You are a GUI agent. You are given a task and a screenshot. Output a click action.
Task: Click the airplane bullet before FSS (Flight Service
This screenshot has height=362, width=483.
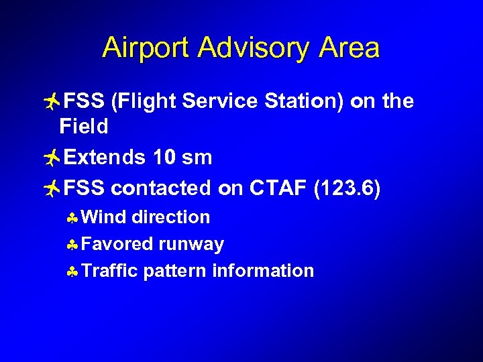point(50,101)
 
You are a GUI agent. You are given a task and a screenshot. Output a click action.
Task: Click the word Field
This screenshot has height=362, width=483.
point(84,125)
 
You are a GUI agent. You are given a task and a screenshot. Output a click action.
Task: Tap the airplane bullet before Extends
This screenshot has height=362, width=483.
point(50,158)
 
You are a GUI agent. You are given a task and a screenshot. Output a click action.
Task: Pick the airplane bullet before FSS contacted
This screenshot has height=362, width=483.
point(50,189)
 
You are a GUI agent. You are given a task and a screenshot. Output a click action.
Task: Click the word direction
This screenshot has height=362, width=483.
point(171,217)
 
